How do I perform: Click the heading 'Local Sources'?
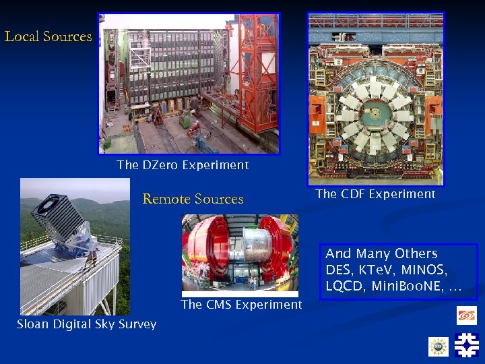click(x=48, y=36)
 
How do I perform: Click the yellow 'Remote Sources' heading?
click(x=193, y=199)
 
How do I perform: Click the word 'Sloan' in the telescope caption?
click(x=34, y=324)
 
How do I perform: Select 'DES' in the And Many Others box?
click(x=338, y=270)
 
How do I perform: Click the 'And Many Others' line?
click(x=381, y=253)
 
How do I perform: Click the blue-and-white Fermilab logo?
click(x=466, y=344)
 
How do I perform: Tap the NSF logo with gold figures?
click(x=439, y=346)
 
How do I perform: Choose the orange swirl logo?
click(x=466, y=315)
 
